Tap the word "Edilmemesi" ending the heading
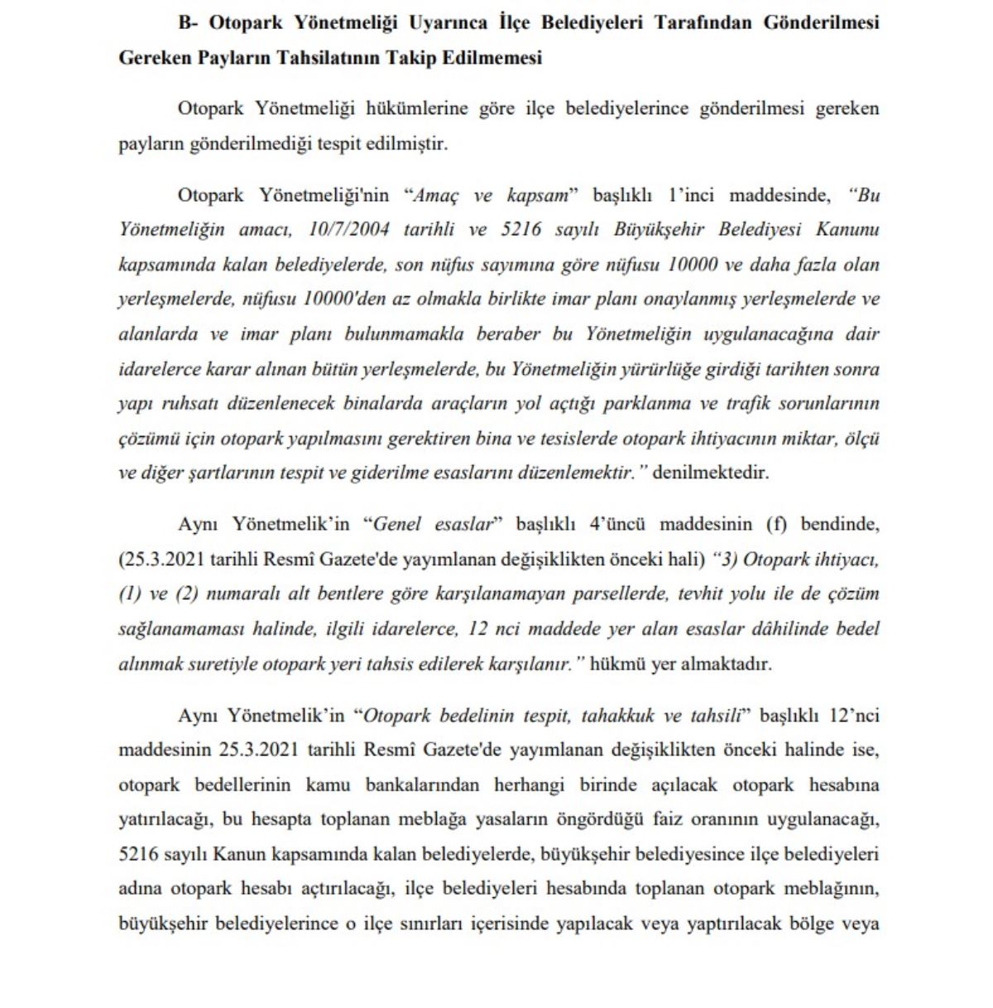(495, 58)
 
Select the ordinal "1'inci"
(691, 195)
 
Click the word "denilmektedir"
(711, 473)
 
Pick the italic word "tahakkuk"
(618, 715)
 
